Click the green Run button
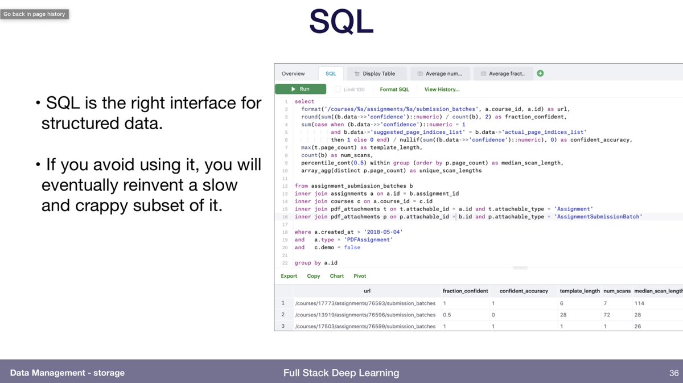click(301, 89)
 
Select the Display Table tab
click(377, 73)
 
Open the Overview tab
click(293, 73)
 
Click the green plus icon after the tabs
click(540, 73)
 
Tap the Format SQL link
click(394, 89)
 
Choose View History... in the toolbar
click(442, 89)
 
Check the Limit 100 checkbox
click(337, 89)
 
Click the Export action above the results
click(289, 276)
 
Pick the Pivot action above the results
click(360, 276)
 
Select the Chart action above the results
click(336, 276)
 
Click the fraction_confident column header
click(466, 291)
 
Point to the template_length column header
click(579, 291)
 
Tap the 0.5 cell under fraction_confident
click(447, 315)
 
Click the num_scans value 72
click(607, 315)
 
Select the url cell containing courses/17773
click(365, 303)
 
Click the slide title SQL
click(341, 22)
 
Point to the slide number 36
click(674, 373)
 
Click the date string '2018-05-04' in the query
click(383, 232)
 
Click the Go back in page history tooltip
click(35, 14)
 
